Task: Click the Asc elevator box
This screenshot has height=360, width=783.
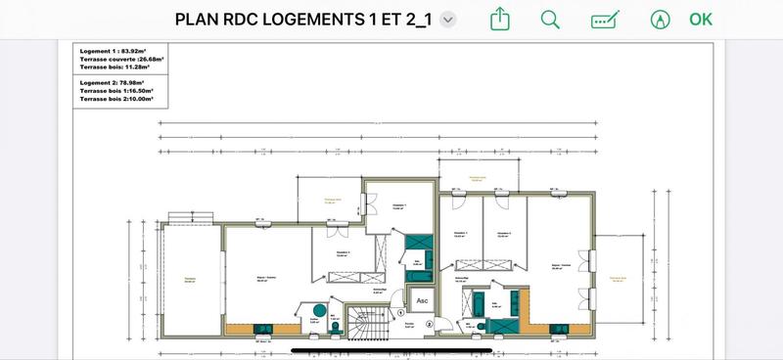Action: click(422, 300)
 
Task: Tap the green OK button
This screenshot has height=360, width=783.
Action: click(700, 19)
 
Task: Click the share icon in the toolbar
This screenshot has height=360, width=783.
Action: click(500, 19)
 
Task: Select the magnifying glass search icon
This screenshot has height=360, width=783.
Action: click(550, 19)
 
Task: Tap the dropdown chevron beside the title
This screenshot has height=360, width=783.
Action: click(448, 20)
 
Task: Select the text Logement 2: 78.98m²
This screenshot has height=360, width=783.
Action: click(113, 84)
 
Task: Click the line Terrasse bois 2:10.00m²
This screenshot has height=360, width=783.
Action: click(116, 99)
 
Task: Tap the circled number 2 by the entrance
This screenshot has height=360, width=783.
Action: click(428, 325)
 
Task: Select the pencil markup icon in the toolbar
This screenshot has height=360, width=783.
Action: click(606, 20)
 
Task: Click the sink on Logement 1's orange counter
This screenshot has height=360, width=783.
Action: click(263, 329)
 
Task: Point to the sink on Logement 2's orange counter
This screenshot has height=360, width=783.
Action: click(559, 329)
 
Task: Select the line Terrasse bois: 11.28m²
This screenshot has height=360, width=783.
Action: click(114, 67)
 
